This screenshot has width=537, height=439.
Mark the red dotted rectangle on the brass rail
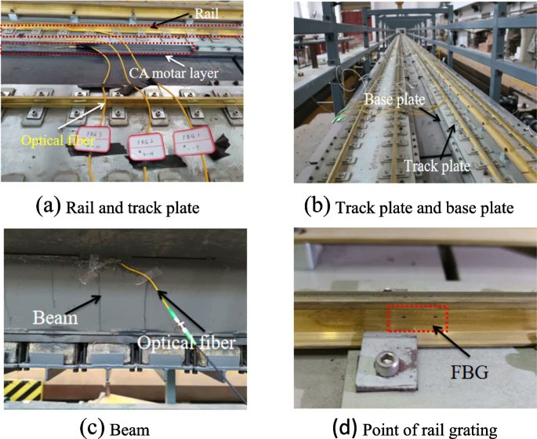[417, 318]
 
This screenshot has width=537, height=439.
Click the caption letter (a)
[45, 208]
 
